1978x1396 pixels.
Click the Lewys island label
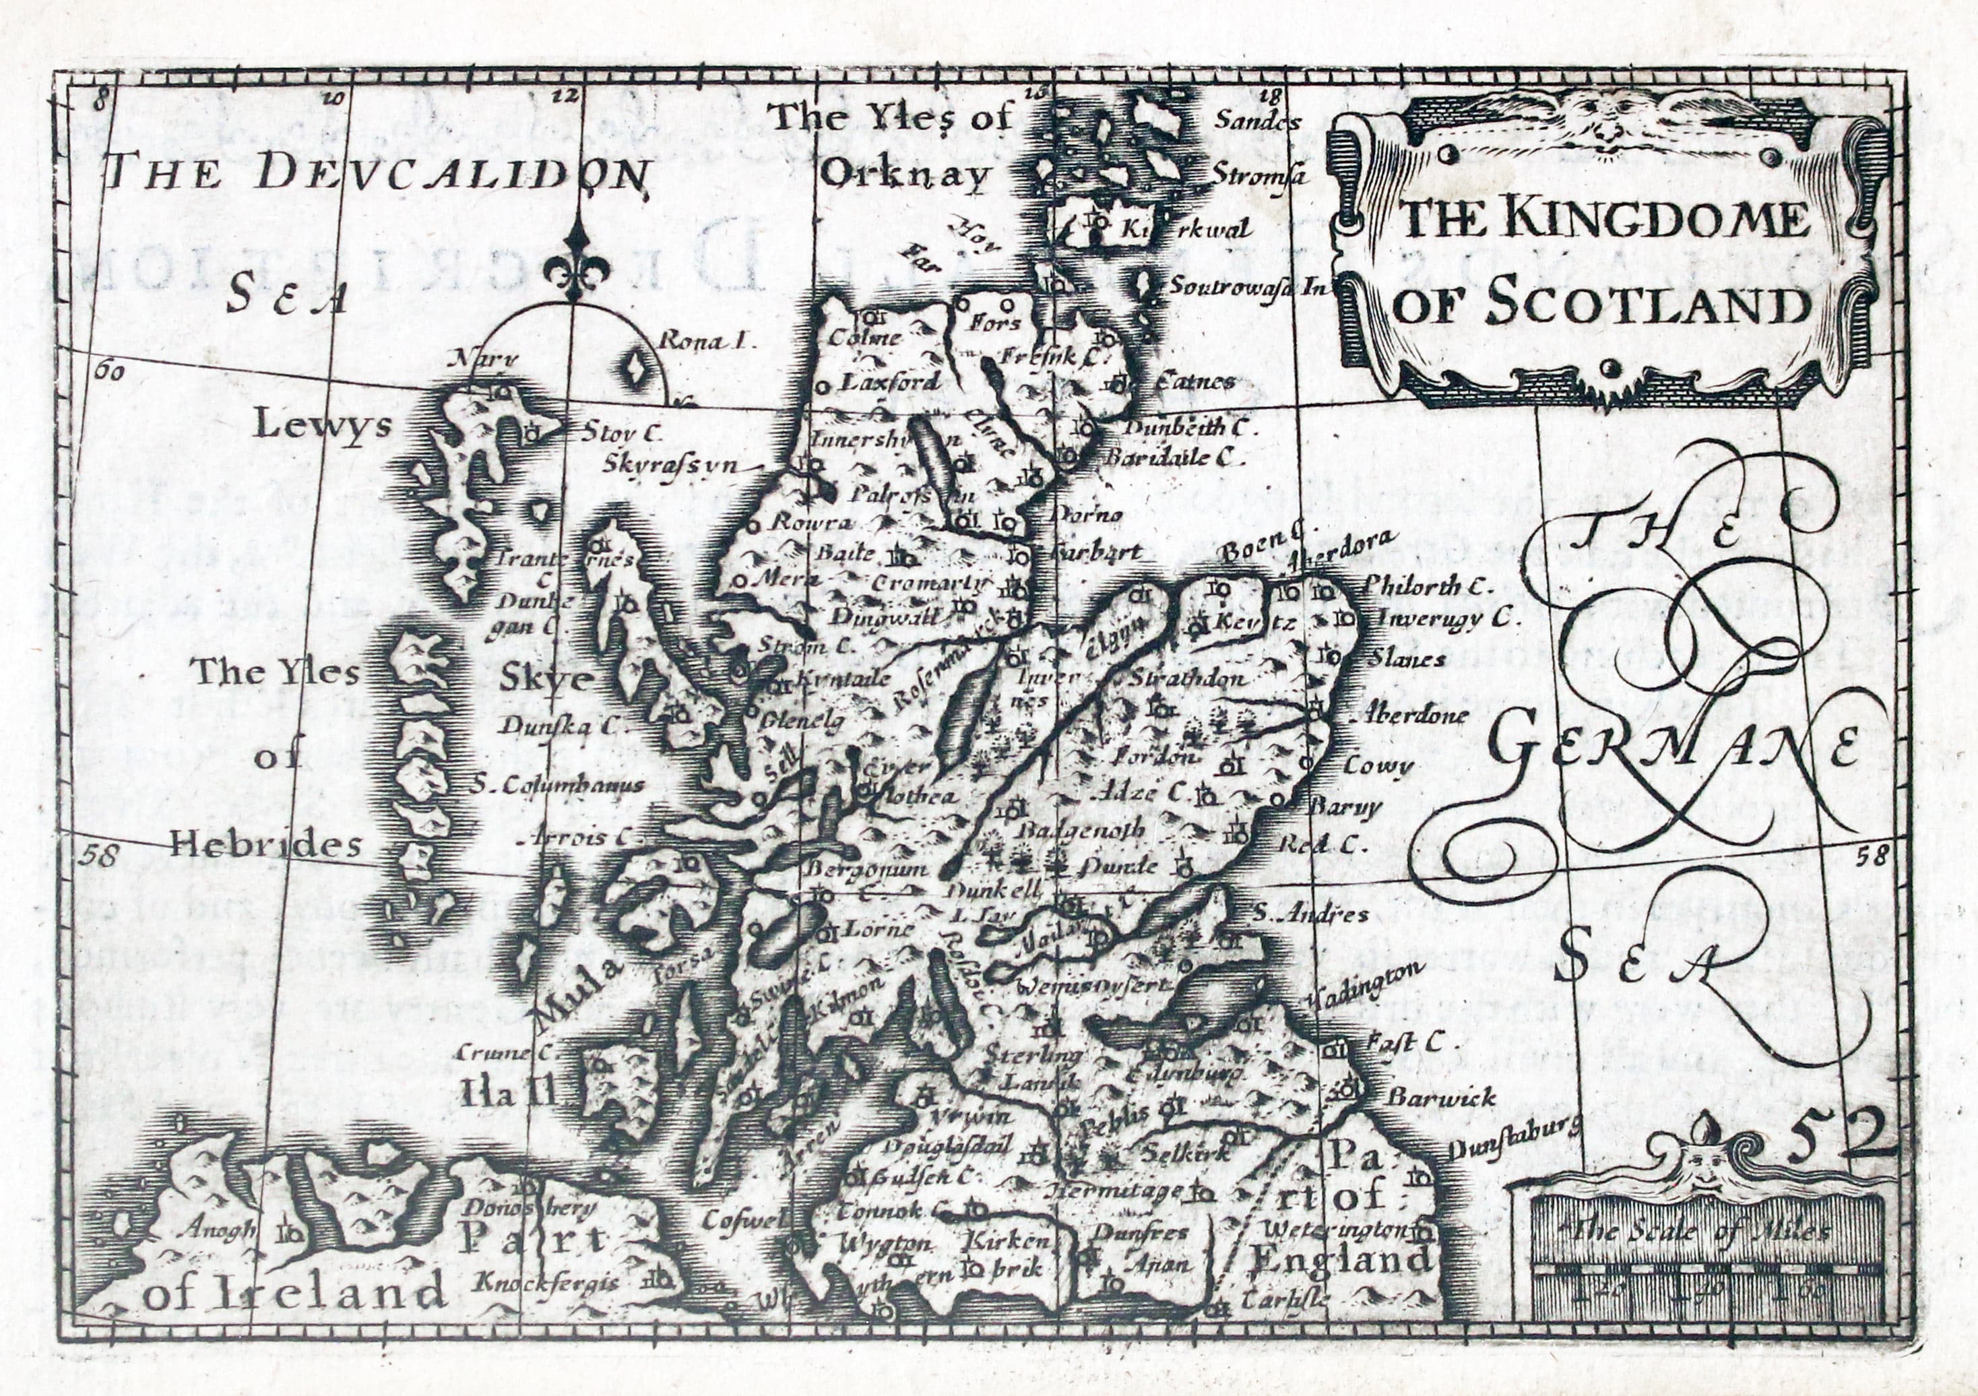tap(322, 426)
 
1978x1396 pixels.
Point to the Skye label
tap(547, 679)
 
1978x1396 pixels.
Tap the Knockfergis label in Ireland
tap(547, 1282)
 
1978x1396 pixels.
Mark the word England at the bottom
tap(1341, 1261)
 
